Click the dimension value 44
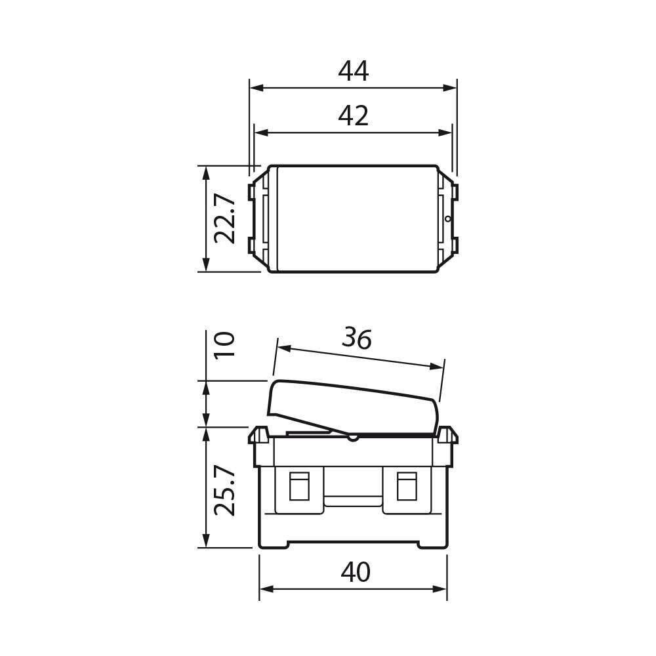(x=354, y=72)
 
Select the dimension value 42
(x=354, y=116)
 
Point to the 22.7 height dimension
(x=225, y=218)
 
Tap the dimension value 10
(x=225, y=344)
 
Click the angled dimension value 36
(x=357, y=338)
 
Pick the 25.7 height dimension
(x=225, y=490)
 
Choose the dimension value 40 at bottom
(x=356, y=573)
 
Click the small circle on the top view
(x=448, y=218)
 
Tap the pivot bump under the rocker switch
(x=353, y=437)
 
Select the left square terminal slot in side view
(x=299, y=486)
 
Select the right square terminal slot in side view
(x=407, y=486)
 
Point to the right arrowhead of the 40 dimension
(x=441, y=589)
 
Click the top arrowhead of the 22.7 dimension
(x=206, y=173)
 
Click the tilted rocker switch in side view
(x=354, y=407)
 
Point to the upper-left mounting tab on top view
(x=252, y=192)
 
